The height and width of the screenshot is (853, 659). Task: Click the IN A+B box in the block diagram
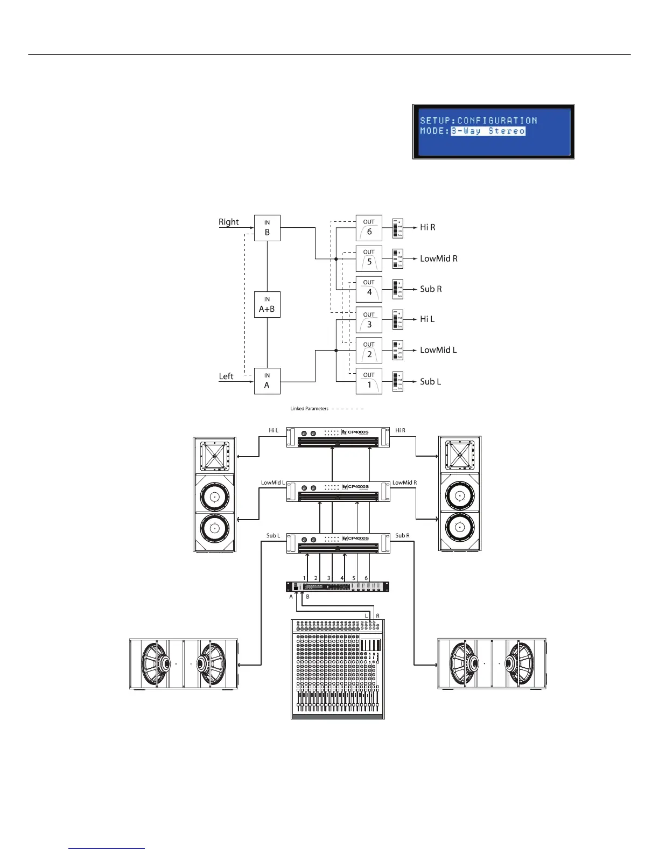267,304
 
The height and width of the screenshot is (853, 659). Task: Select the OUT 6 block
369,228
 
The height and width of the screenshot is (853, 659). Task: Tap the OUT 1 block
369,381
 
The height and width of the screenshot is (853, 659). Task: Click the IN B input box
267,228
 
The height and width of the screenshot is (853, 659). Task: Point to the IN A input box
267,381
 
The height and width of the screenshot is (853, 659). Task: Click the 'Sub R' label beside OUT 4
431,289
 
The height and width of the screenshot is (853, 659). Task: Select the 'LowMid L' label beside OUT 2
438,350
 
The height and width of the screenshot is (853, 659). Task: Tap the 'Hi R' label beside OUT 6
427,228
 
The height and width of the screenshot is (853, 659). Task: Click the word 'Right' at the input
228,222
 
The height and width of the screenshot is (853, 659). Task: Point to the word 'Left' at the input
226,376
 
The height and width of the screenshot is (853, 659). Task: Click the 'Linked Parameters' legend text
309,409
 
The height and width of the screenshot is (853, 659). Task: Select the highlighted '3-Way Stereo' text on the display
488,131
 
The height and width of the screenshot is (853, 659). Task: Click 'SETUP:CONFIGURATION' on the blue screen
478,121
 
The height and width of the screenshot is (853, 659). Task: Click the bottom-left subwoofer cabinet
184,664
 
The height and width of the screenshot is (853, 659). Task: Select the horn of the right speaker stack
460,455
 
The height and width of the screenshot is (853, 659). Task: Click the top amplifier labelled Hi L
338,437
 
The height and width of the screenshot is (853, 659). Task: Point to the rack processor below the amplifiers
338,586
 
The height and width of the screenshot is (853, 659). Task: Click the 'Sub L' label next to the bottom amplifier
273,536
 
